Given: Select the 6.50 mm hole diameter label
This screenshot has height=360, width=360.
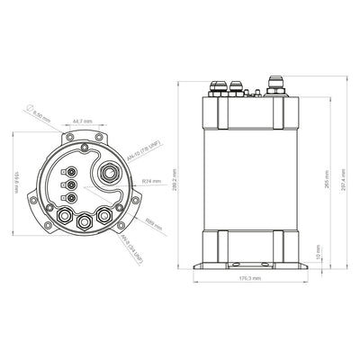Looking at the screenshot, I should (41, 116).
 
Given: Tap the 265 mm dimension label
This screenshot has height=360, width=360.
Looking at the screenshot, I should (314, 179).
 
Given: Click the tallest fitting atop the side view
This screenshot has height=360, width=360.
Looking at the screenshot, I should (272, 91).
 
